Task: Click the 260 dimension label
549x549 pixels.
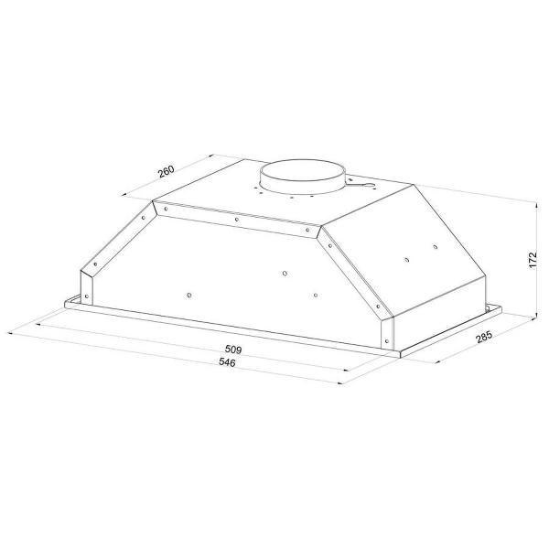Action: [166, 171]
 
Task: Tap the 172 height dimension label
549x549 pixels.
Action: [533, 260]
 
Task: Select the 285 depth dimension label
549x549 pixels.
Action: [484, 337]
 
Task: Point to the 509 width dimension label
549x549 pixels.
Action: [233, 350]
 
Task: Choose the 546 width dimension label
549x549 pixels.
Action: [227, 362]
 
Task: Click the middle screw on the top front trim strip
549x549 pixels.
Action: [237, 220]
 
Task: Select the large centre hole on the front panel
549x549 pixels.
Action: [285, 273]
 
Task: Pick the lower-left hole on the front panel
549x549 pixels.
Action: [189, 296]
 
